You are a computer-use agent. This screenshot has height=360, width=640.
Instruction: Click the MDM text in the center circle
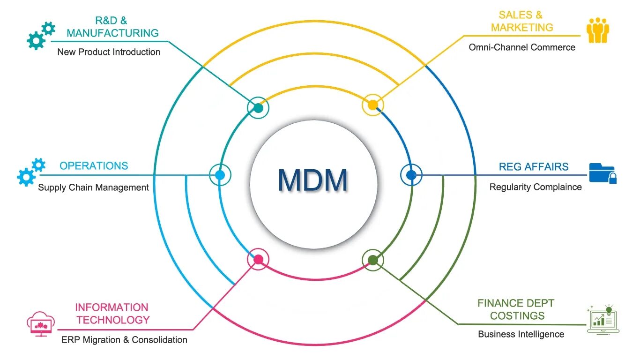point(313,180)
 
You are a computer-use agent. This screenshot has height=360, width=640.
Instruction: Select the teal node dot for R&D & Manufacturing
point(258,108)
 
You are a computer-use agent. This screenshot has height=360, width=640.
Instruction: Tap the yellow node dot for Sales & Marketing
point(372,105)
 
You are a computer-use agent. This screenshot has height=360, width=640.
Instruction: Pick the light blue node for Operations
point(220,175)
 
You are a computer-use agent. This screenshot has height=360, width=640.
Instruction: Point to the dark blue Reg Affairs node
point(411,175)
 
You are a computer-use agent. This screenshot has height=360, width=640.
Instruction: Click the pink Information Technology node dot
point(258,259)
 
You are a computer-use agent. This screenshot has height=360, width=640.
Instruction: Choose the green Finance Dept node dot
point(373,260)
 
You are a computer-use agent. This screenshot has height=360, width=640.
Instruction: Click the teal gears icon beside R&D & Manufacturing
point(40,35)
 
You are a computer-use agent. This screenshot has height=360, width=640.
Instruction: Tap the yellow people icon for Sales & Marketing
point(598,30)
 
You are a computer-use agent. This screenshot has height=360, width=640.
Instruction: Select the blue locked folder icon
point(603,172)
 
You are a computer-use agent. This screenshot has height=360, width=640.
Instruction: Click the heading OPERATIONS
point(94,166)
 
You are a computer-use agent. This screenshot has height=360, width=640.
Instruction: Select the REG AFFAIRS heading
point(534,167)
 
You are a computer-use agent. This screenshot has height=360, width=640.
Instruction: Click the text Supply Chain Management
point(93,187)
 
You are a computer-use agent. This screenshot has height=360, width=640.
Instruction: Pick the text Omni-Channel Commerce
point(522,47)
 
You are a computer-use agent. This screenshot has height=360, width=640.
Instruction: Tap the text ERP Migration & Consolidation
point(124,340)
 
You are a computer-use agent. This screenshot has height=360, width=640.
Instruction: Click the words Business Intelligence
point(521,334)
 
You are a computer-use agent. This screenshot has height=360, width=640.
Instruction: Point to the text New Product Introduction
point(109,52)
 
